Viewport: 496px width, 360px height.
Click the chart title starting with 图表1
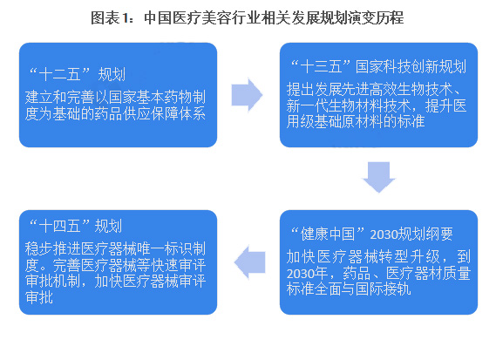247,17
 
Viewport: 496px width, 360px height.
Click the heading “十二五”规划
77,74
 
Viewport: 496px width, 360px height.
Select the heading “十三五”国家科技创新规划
378,66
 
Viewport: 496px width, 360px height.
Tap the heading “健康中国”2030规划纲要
371,234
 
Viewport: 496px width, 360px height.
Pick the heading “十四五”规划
75,226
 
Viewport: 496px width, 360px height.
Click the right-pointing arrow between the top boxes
247,95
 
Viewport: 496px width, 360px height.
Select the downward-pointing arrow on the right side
378,177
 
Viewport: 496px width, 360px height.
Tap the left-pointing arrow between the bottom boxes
250,262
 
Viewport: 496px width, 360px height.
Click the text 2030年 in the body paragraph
307,273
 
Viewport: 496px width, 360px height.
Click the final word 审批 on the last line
39,297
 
